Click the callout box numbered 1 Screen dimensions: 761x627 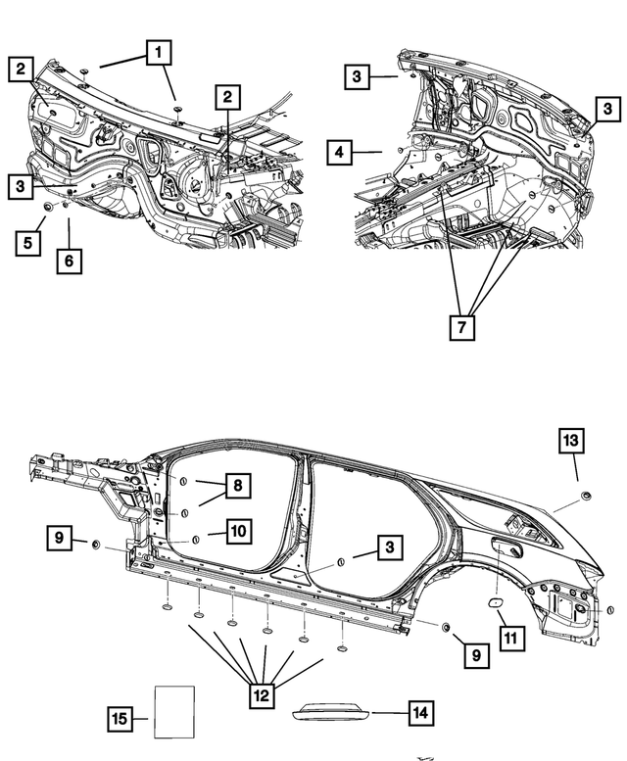(157, 53)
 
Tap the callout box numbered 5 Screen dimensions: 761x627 (28, 241)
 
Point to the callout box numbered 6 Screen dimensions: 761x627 (69, 261)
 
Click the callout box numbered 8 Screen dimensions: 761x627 (236, 485)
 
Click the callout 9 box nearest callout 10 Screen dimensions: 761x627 (60, 538)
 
